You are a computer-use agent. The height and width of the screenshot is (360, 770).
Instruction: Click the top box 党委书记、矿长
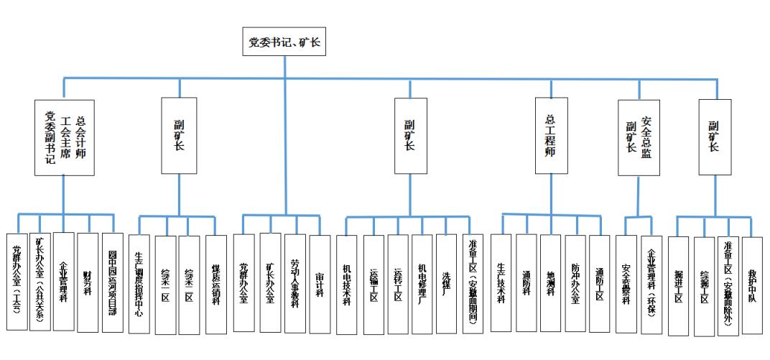(x=284, y=44)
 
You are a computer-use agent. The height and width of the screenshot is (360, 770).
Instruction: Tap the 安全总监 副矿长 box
(x=639, y=136)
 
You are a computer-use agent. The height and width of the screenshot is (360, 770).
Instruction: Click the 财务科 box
(x=88, y=282)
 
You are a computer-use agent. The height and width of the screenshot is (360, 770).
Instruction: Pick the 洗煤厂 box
(x=446, y=283)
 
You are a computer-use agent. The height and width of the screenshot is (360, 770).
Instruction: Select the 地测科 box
(x=550, y=283)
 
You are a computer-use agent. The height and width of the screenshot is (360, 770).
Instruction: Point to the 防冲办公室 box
(x=575, y=283)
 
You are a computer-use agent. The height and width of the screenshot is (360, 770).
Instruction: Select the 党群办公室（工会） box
(x=17, y=282)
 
